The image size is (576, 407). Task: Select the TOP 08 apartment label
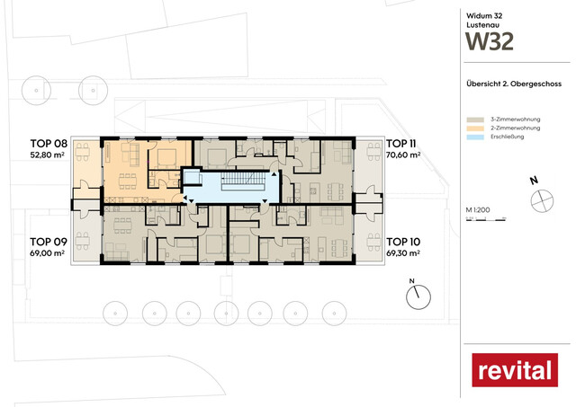tap(49, 143)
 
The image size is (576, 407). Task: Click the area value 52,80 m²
tap(49, 155)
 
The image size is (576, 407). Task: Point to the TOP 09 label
tap(49, 242)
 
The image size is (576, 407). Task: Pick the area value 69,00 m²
tap(49, 254)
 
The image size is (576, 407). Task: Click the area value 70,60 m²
tap(404, 155)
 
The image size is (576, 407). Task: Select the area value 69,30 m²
tap(404, 254)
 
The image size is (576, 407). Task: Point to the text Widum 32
tap(482, 15)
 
